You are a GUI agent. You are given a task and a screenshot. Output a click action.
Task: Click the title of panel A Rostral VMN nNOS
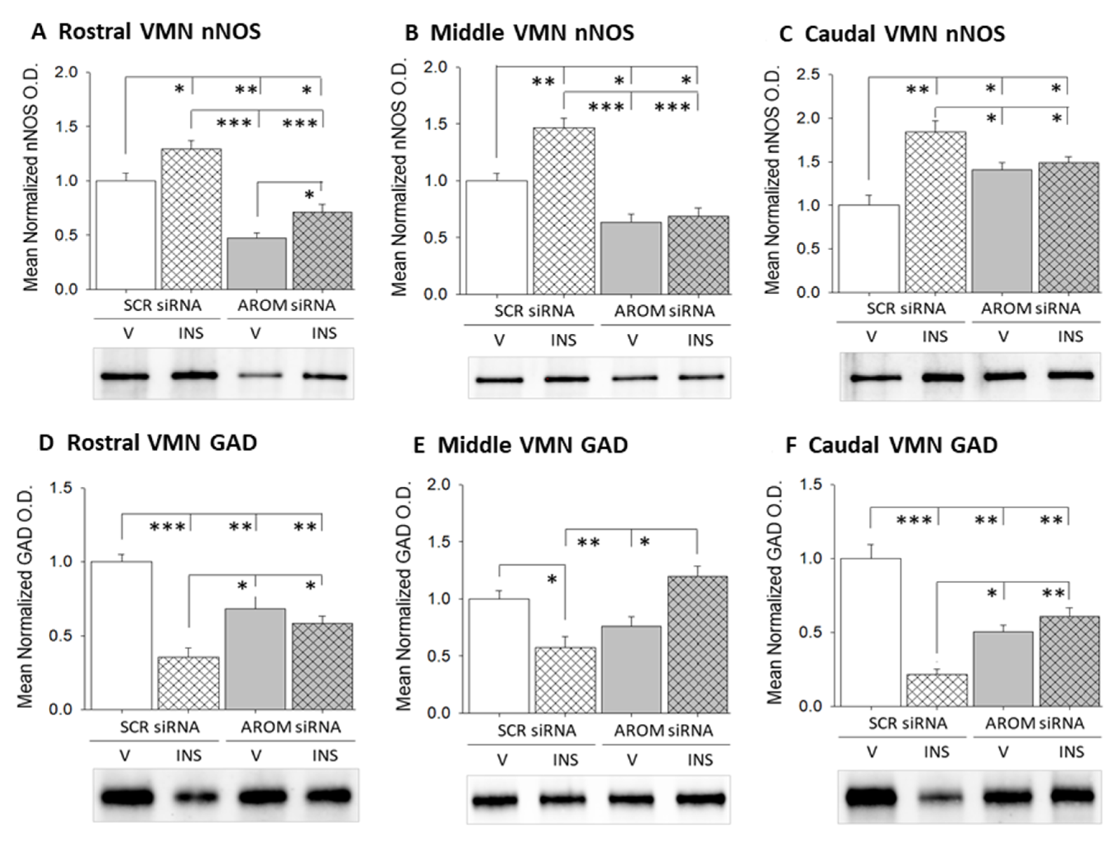146,32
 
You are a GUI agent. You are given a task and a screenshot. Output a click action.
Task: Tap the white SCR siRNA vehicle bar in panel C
869,249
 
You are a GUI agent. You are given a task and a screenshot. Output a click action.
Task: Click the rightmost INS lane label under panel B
701,341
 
